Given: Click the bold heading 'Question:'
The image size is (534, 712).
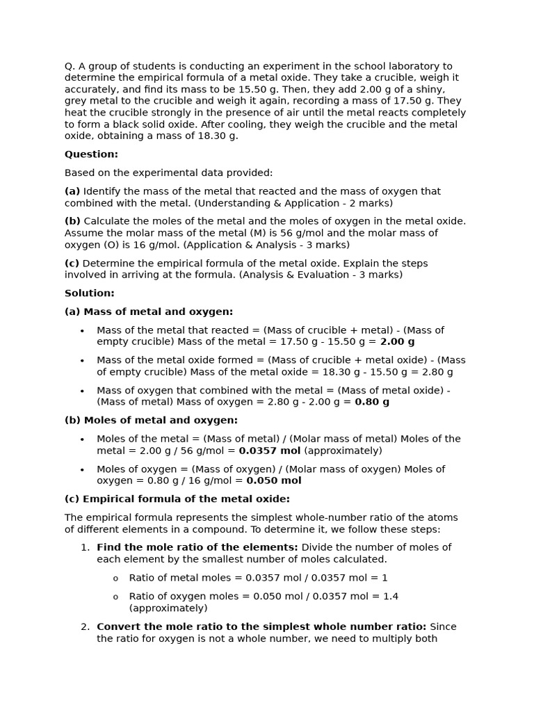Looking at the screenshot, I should tap(91, 154).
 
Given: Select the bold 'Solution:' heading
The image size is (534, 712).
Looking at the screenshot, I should tap(90, 293).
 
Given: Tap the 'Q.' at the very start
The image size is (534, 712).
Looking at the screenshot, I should tap(70, 66).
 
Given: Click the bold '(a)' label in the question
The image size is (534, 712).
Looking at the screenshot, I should tap(72, 191).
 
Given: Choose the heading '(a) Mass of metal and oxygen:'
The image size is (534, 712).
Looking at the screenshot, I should tap(149, 311).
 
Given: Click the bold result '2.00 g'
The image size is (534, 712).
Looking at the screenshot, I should tap(397, 341).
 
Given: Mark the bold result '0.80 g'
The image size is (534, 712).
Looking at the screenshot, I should tap(372, 402).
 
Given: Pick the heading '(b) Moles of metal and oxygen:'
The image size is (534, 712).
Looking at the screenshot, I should tap(151, 420).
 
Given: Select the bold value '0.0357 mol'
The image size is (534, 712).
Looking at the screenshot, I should tap(270, 451).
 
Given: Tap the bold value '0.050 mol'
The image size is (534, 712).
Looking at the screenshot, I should tap(274, 480).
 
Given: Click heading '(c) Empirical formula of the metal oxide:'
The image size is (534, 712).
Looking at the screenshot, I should tap(177, 499).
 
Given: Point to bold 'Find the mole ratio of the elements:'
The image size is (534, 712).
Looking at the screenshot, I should tap(197, 547).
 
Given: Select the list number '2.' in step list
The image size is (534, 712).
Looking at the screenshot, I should tap(85, 626).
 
